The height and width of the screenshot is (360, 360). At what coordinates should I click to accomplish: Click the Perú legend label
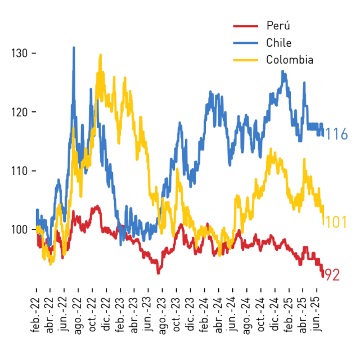click(278, 25)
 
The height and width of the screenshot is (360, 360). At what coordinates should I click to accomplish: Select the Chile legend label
click(279, 43)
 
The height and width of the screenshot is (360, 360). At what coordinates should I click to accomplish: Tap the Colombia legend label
click(290, 60)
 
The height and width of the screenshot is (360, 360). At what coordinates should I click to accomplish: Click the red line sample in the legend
click(246, 26)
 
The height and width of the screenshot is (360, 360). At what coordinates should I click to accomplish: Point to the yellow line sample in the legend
click(246, 60)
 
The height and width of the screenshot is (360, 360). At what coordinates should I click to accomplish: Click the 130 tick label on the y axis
click(20, 53)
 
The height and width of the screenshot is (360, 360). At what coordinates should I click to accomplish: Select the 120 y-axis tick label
click(20, 112)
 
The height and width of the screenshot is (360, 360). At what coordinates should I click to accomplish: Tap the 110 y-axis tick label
click(20, 171)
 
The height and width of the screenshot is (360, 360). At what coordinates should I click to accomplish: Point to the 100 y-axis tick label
click(20, 229)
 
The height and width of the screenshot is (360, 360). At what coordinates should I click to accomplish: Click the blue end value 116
click(337, 134)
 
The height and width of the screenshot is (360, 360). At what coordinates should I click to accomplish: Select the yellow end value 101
click(336, 222)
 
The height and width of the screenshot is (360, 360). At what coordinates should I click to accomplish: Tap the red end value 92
click(332, 275)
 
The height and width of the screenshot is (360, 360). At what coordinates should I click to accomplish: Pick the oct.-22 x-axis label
click(92, 315)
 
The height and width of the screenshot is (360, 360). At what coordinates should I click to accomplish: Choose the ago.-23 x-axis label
click(162, 316)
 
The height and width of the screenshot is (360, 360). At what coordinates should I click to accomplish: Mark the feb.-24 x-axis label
click(204, 315)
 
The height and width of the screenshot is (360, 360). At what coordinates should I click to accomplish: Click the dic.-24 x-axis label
click(274, 314)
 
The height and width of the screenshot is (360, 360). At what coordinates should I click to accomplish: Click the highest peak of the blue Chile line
click(74, 47)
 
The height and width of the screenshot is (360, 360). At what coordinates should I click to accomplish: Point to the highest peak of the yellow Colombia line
click(100, 55)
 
